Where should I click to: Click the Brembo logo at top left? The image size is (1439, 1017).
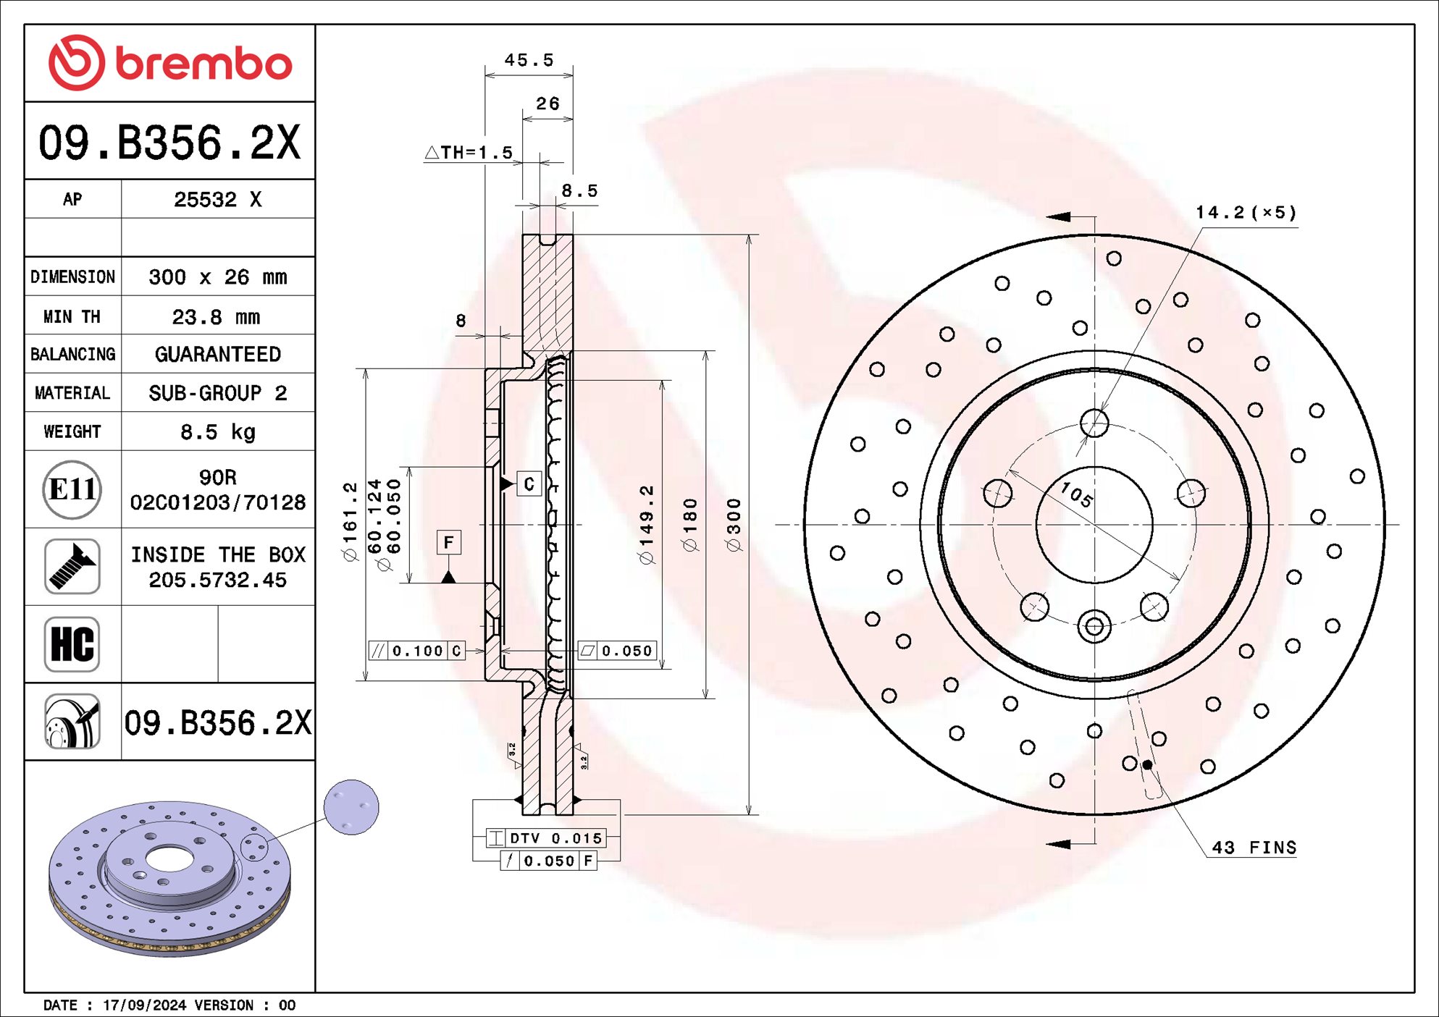click(x=169, y=63)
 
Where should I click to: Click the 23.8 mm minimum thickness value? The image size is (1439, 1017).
click(x=217, y=317)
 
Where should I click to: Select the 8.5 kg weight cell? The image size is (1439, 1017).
click(x=217, y=432)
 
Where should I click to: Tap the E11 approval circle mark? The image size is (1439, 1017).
click(x=72, y=490)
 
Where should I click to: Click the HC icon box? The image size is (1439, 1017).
click(x=72, y=644)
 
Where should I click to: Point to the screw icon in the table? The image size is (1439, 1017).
click(x=72, y=567)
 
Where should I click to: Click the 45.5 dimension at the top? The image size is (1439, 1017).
click(x=529, y=60)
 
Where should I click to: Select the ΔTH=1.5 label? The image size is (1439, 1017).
click(x=469, y=153)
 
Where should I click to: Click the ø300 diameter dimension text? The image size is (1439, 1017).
click(x=734, y=525)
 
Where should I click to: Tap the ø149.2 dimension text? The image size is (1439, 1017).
click(x=647, y=525)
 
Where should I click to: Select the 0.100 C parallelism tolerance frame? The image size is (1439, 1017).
click(x=416, y=651)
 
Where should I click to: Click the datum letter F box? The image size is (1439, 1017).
click(x=448, y=542)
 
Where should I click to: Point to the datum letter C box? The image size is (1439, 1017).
click(x=529, y=484)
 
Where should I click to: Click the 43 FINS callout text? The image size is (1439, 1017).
click(x=1254, y=848)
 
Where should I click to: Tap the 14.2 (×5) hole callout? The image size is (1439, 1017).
click(x=1246, y=213)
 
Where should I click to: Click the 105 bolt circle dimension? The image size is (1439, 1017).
click(x=1076, y=495)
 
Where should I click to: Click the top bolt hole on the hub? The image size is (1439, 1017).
click(x=1094, y=423)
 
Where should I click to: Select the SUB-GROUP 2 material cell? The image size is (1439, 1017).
click(x=217, y=393)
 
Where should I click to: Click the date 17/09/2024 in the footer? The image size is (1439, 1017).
click(x=145, y=1005)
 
